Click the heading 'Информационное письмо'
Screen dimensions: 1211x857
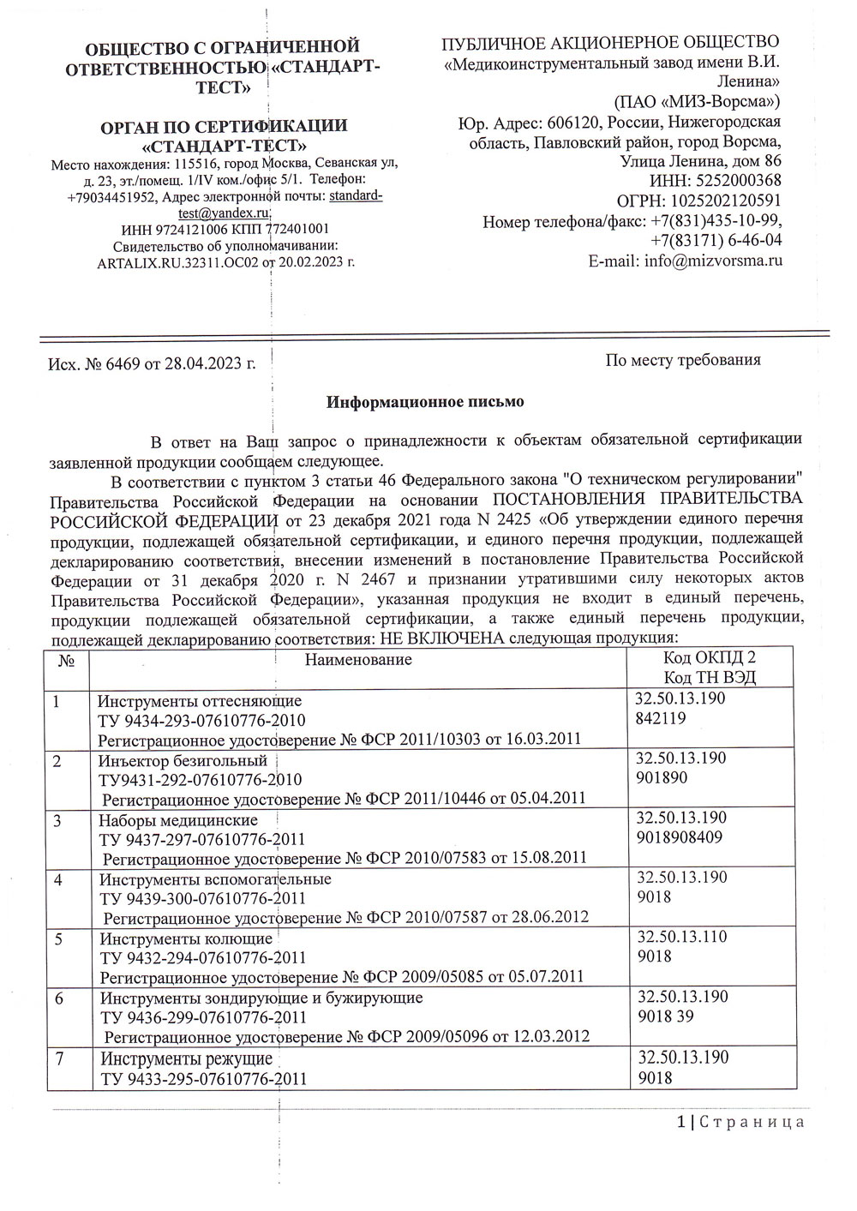coord(425,401)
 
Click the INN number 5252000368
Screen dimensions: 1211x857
coord(739,181)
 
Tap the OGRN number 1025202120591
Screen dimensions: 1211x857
coord(728,201)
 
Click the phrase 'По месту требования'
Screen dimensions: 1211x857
coord(683,360)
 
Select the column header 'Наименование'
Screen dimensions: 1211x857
coord(358,659)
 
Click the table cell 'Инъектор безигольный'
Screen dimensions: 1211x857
coord(183,761)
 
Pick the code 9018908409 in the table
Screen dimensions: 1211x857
coord(680,837)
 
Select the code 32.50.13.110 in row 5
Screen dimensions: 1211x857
coord(682,937)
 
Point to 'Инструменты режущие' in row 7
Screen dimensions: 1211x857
coord(186,1058)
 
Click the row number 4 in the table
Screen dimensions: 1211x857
coord(58,880)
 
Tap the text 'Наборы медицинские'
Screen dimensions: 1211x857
coord(178,820)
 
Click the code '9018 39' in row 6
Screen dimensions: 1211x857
coord(666,1016)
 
